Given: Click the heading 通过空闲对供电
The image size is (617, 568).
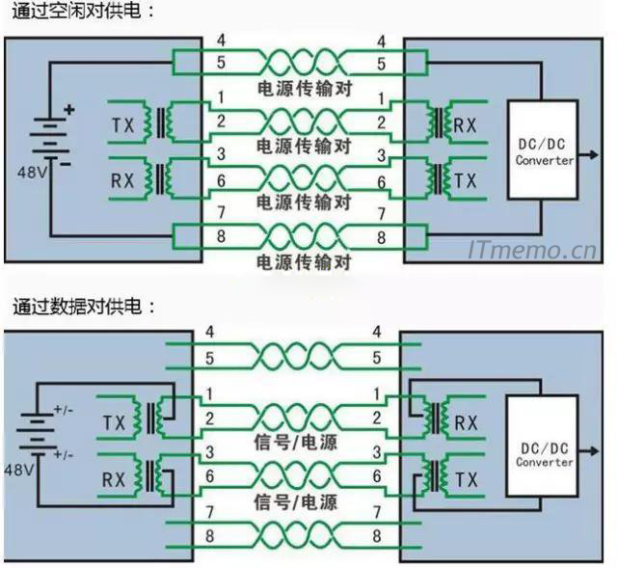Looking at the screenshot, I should [x=83, y=13].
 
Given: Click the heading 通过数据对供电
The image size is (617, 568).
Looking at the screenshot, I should [x=83, y=306].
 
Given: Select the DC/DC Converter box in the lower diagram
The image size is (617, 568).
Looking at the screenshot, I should [x=545, y=454].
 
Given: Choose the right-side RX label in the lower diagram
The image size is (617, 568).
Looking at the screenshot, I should [x=466, y=421].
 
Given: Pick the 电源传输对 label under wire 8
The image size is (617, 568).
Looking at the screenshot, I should [x=303, y=261].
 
